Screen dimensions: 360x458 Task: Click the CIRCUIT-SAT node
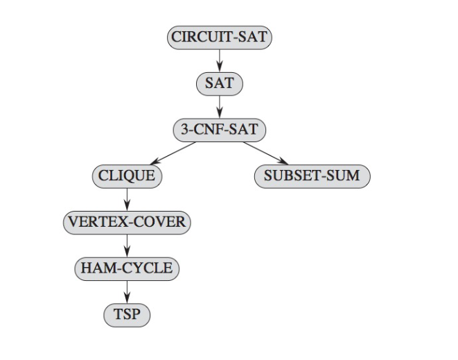click(x=219, y=37)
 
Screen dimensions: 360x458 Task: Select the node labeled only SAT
click(x=219, y=84)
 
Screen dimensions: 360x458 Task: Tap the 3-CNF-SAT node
click(x=219, y=130)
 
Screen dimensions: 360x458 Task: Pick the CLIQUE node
click(x=126, y=175)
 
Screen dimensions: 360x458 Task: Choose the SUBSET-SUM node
click(x=312, y=175)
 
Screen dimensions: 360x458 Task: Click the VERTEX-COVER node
click(x=126, y=222)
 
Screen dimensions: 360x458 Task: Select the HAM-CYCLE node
click(x=126, y=268)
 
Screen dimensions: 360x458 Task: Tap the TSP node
click(x=126, y=315)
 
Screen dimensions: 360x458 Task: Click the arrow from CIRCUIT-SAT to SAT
click(x=219, y=60)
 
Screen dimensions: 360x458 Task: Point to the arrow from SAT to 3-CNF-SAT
click(x=219, y=107)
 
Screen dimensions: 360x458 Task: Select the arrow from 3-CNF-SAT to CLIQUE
click(x=173, y=153)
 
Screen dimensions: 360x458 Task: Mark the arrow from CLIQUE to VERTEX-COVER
click(x=126, y=198)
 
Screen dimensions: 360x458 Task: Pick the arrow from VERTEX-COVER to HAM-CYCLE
click(x=126, y=245)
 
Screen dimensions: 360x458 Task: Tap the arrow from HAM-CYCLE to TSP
click(x=126, y=291)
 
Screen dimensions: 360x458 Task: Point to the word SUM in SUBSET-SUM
click(x=344, y=175)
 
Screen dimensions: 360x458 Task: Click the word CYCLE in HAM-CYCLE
click(x=146, y=268)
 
